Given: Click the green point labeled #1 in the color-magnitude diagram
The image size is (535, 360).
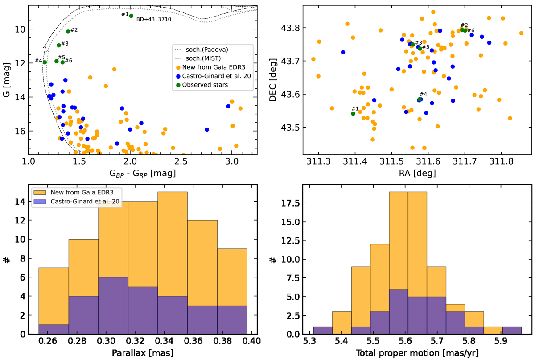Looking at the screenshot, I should (131, 16).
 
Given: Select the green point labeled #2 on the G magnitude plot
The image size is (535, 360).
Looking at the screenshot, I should (68, 31).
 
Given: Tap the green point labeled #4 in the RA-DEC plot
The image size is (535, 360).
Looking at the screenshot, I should (420, 99).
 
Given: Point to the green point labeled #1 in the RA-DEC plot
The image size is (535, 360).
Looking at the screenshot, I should (353, 113).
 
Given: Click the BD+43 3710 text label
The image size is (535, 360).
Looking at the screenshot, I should (153, 20).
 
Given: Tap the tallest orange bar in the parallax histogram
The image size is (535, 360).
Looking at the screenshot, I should (173, 263).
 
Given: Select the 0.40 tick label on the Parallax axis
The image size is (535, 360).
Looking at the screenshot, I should (252, 343).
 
